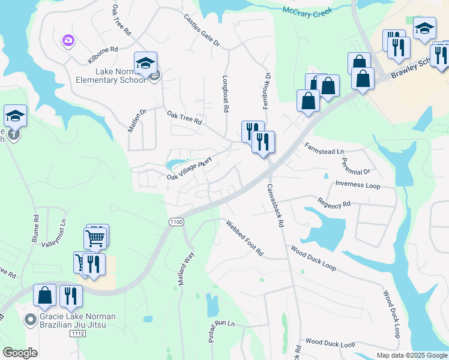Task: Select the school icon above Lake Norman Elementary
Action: click(145, 62)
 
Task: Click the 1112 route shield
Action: click(77, 334)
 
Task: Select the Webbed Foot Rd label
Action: click(244, 238)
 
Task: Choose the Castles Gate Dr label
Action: click(202, 31)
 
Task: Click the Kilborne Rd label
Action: click(110, 50)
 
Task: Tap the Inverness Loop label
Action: click(358, 185)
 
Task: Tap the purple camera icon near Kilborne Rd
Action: click(67, 40)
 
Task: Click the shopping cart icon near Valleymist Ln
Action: click(95, 238)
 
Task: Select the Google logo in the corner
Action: click(20, 353)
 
